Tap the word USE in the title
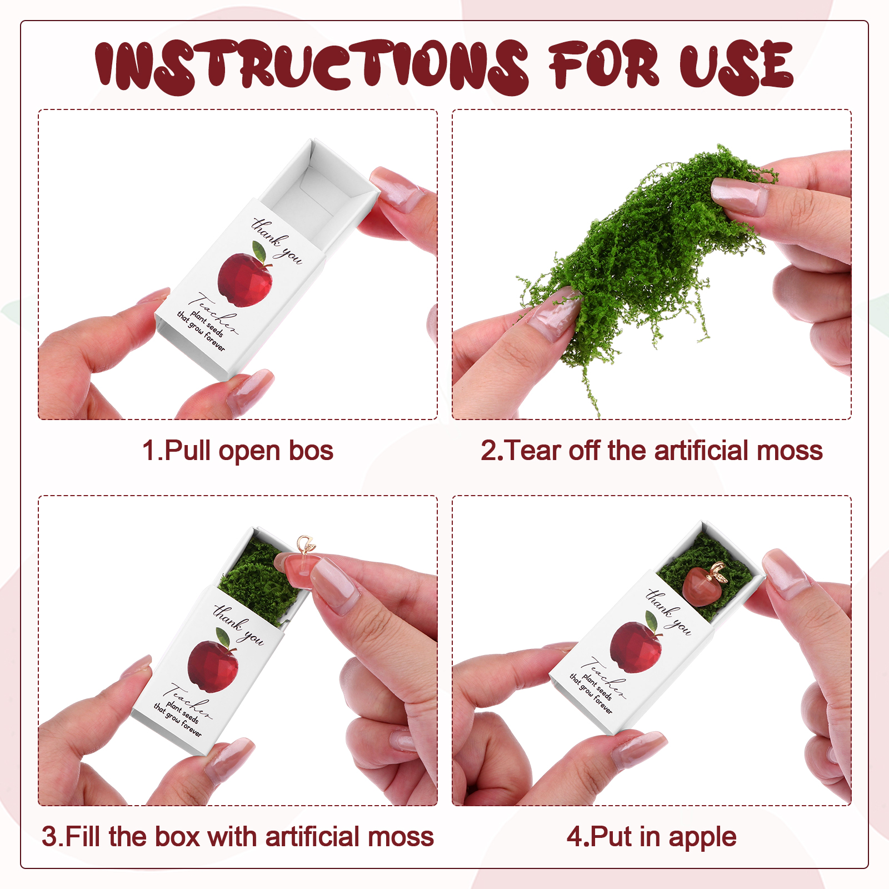point(736,66)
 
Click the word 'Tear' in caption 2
point(533,451)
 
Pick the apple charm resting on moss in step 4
point(705,586)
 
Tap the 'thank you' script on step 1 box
point(277,241)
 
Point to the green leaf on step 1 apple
point(259,251)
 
